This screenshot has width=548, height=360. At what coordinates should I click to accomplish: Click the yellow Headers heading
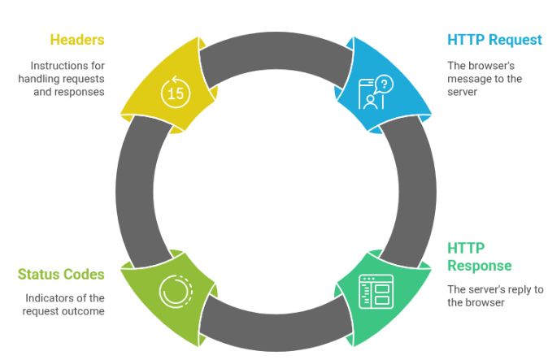tap(77, 40)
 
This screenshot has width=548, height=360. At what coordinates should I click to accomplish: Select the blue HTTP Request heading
tap(494, 40)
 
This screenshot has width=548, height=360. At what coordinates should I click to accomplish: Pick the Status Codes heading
tap(61, 274)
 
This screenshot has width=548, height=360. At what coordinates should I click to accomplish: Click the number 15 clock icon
tap(176, 93)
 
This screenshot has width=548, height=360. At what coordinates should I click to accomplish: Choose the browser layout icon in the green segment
tap(376, 293)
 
